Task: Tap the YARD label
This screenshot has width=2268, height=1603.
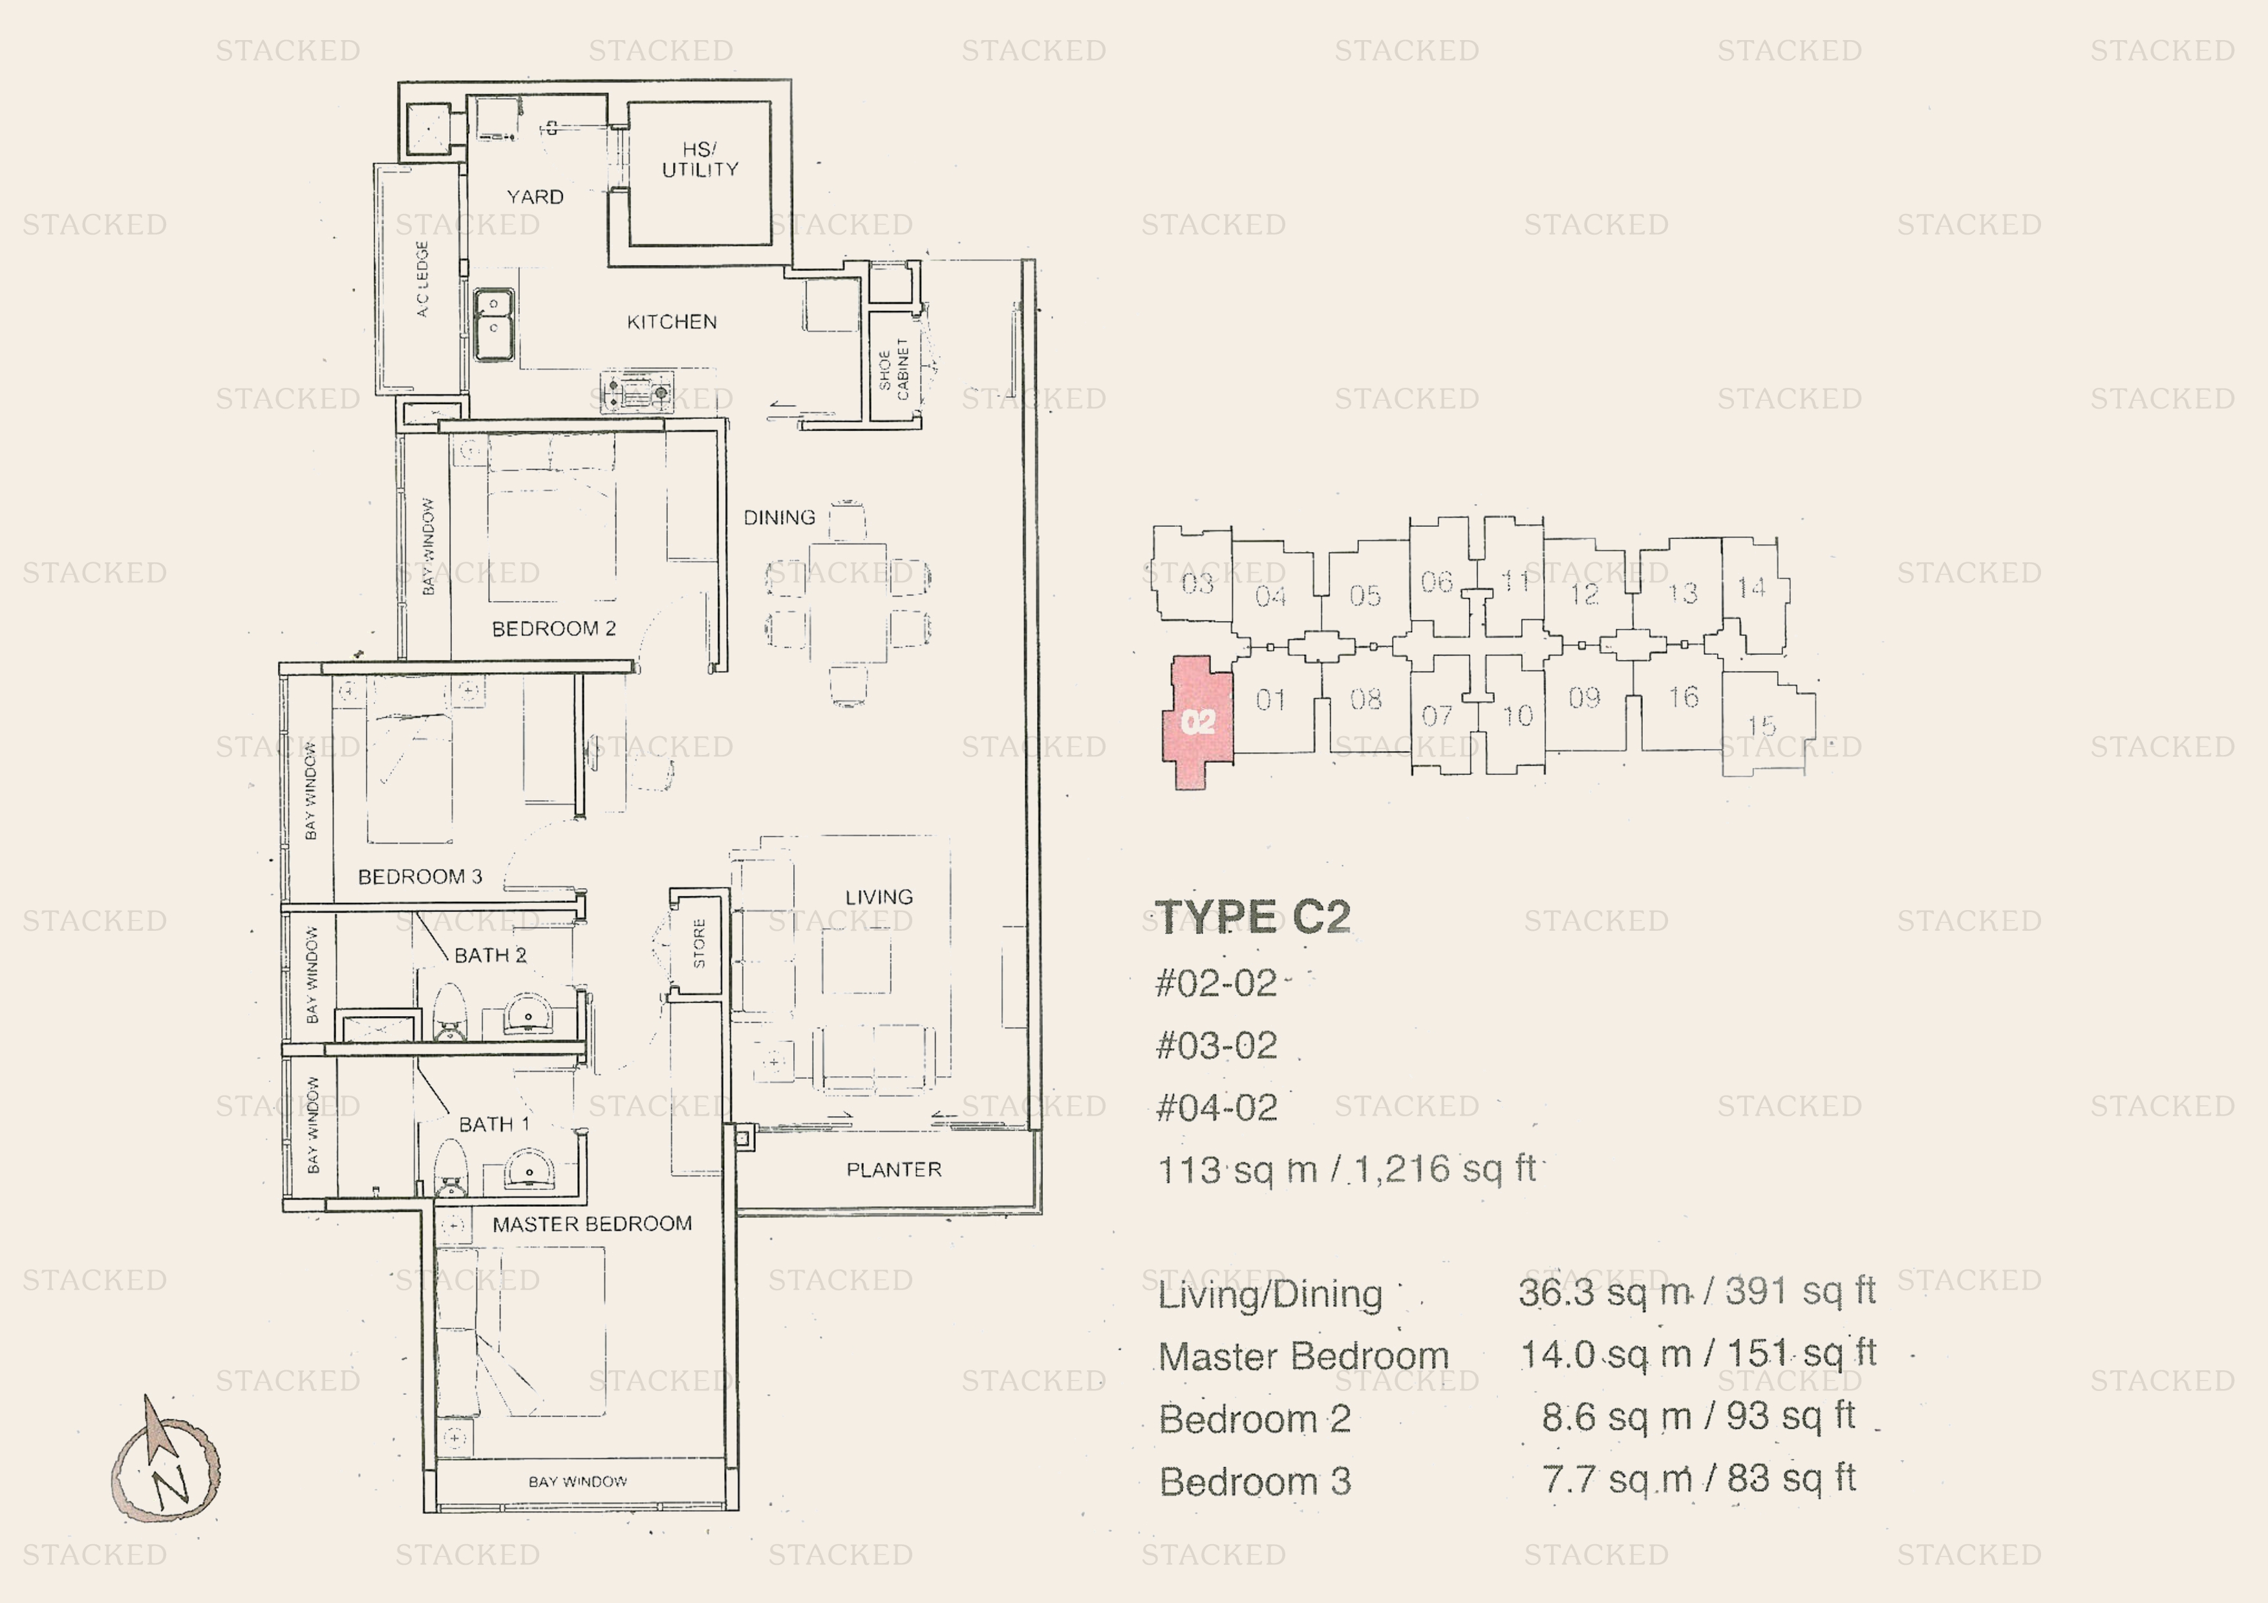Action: coord(535,196)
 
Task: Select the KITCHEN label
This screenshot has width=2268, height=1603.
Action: coord(672,322)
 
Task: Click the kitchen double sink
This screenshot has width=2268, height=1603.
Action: coord(493,324)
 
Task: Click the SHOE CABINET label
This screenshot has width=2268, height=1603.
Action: coord(893,369)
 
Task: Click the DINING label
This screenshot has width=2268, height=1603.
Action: coord(779,518)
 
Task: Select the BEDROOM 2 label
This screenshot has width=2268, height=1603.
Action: coord(553,629)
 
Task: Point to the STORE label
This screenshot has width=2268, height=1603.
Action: coord(700,943)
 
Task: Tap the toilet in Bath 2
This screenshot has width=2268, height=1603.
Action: coord(449,1012)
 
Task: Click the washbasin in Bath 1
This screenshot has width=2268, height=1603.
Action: coord(530,1173)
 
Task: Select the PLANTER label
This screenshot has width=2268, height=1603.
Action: coord(894,1169)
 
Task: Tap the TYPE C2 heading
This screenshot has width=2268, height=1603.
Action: coord(1252,917)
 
